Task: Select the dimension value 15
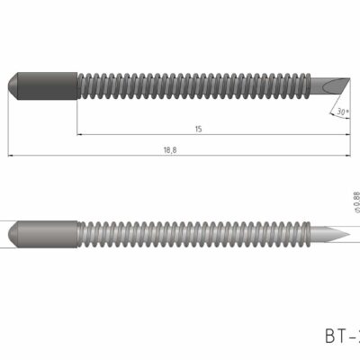(x=197, y=130)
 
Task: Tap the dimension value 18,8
(x=169, y=150)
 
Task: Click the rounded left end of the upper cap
(x=13, y=83)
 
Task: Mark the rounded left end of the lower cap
(x=13, y=231)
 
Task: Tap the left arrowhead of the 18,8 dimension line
(x=11, y=157)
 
